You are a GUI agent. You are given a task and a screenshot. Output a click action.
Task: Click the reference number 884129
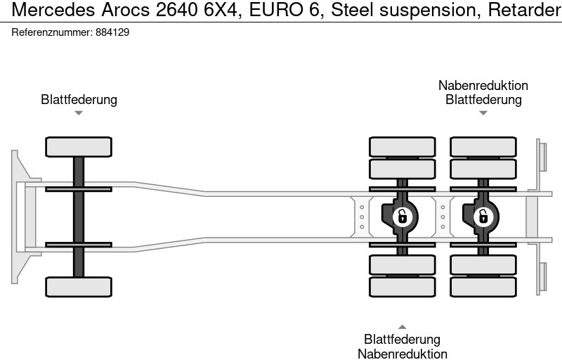click(111, 32)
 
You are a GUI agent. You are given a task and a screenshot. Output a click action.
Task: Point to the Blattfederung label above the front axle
click(79, 99)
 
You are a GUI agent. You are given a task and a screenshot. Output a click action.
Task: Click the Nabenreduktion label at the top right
click(483, 85)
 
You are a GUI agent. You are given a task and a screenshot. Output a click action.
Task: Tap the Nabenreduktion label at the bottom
click(402, 354)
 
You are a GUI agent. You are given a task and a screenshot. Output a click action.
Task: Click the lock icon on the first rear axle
click(402, 216)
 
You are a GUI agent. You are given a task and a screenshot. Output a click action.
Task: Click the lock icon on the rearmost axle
click(483, 216)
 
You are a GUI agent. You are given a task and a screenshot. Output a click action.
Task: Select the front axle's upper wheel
click(79, 147)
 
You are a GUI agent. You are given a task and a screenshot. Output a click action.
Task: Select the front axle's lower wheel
click(79, 286)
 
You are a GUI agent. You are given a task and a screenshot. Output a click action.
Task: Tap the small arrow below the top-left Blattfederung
click(79, 112)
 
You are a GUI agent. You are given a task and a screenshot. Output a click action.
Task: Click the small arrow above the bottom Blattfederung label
click(402, 326)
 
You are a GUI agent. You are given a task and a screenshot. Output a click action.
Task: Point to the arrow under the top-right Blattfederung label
click(483, 112)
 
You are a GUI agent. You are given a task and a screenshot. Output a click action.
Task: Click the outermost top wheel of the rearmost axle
click(483, 146)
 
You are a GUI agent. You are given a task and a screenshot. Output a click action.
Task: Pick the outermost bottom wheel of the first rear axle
click(402, 287)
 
